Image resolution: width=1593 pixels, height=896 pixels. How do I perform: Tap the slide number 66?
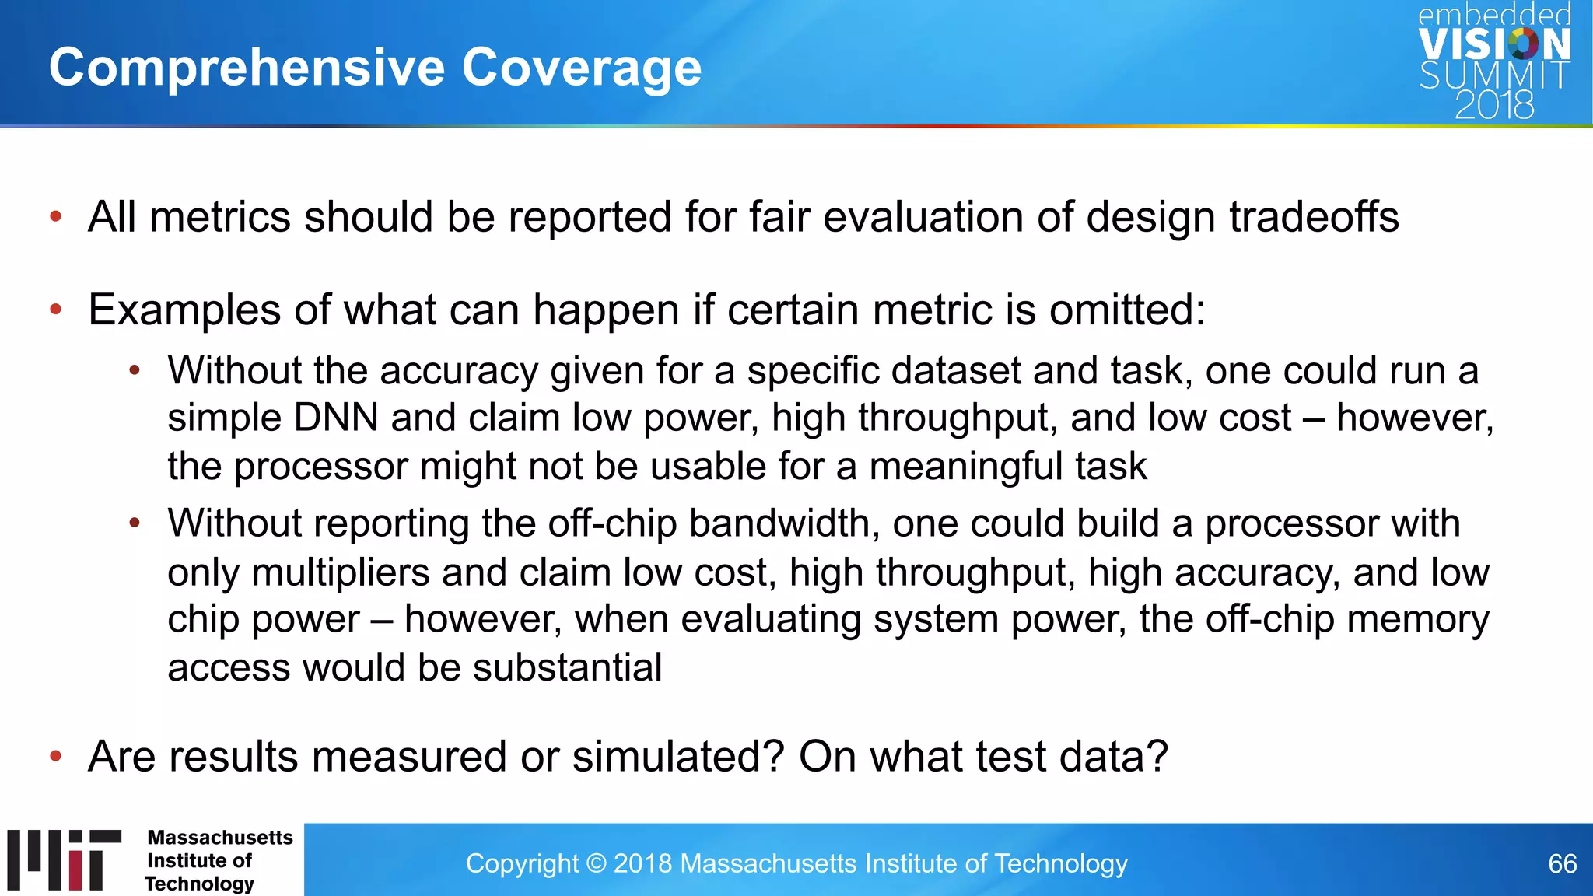1562,863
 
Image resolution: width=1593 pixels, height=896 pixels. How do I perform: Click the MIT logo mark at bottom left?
65,860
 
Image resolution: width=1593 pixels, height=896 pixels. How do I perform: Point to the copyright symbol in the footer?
597,863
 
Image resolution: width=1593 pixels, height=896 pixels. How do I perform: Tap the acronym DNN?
336,418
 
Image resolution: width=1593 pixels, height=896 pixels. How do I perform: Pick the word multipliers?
341,572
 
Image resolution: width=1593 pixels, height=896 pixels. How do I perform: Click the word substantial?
567,667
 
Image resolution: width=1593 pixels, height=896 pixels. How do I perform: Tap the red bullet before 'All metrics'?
55,217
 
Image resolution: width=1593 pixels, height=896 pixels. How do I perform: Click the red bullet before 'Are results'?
55,756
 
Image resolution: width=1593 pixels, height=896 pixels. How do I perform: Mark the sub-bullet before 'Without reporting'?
135,523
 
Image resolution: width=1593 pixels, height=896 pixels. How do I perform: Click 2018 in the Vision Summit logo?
1494,105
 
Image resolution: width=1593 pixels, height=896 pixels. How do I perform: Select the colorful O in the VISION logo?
1523,44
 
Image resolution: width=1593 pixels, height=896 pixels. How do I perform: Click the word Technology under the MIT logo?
199,884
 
